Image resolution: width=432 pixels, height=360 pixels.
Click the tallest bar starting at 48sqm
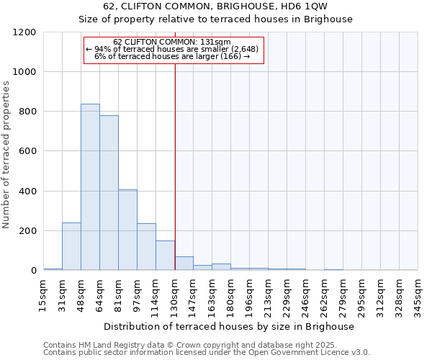[90, 187]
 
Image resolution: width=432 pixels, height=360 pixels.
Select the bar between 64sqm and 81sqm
[109, 193]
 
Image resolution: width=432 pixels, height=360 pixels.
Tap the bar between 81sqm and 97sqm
[127, 230]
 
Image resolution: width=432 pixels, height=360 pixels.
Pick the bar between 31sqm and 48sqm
[71, 246]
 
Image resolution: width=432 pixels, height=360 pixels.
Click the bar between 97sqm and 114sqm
[146, 247]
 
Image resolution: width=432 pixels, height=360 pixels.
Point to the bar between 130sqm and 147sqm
[184, 264]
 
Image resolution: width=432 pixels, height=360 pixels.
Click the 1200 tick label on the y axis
[24, 32]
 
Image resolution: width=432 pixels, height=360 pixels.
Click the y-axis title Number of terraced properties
[7, 154]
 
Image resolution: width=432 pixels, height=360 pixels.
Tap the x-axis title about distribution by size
[230, 327]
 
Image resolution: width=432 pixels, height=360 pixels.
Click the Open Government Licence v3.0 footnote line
[207, 353]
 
